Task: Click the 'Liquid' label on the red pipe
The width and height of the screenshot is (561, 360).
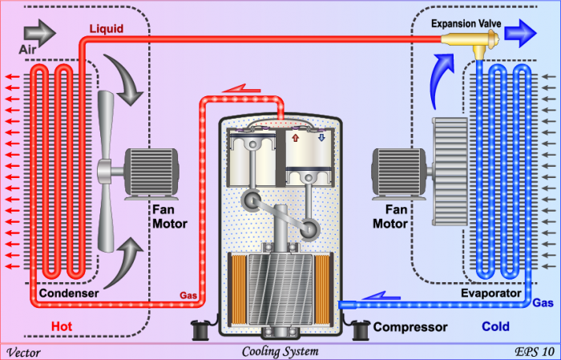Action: [106, 29]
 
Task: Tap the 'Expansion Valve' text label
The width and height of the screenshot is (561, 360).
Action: [466, 24]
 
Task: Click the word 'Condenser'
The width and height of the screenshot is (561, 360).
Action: [69, 293]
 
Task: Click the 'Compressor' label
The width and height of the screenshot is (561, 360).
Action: [410, 327]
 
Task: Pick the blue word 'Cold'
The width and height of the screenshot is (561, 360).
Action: [495, 326]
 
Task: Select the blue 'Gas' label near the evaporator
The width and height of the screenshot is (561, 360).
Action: [542, 305]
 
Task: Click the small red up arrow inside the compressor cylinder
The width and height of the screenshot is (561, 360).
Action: [295, 138]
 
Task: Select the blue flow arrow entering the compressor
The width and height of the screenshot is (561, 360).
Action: [383, 297]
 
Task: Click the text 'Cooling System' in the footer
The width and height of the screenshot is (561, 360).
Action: [280, 351]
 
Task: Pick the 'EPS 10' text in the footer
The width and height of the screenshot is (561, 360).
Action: [534, 351]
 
